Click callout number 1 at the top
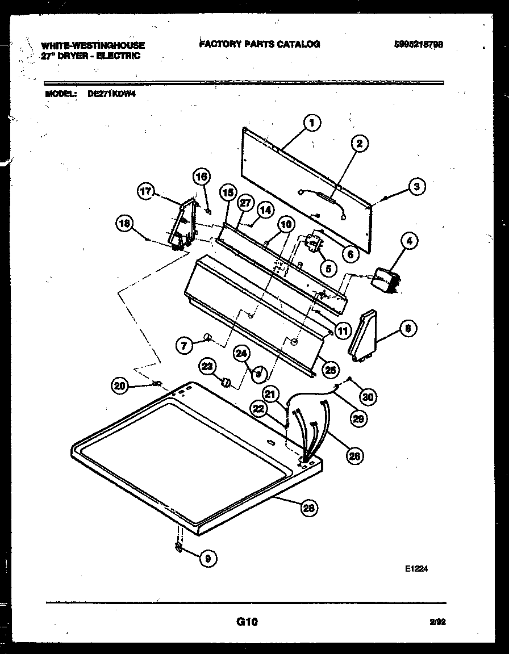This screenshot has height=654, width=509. [x=311, y=121]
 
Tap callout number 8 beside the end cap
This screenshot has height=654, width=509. [x=408, y=328]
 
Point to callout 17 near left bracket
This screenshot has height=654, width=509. [x=146, y=191]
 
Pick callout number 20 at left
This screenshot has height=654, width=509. [x=119, y=385]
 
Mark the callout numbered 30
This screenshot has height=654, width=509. [x=368, y=397]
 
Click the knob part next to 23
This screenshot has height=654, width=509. [x=227, y=382]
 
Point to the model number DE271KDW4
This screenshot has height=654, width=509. [x=112, y=95]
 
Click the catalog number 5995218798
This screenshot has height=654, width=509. [x=418, y=44]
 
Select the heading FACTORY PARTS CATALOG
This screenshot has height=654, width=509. [x=260, y=44]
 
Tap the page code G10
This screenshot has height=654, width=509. [x=247, y=622]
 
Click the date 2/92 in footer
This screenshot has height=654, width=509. [x=437, y=623]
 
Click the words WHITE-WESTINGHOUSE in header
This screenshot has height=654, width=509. [x=93, y=45]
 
